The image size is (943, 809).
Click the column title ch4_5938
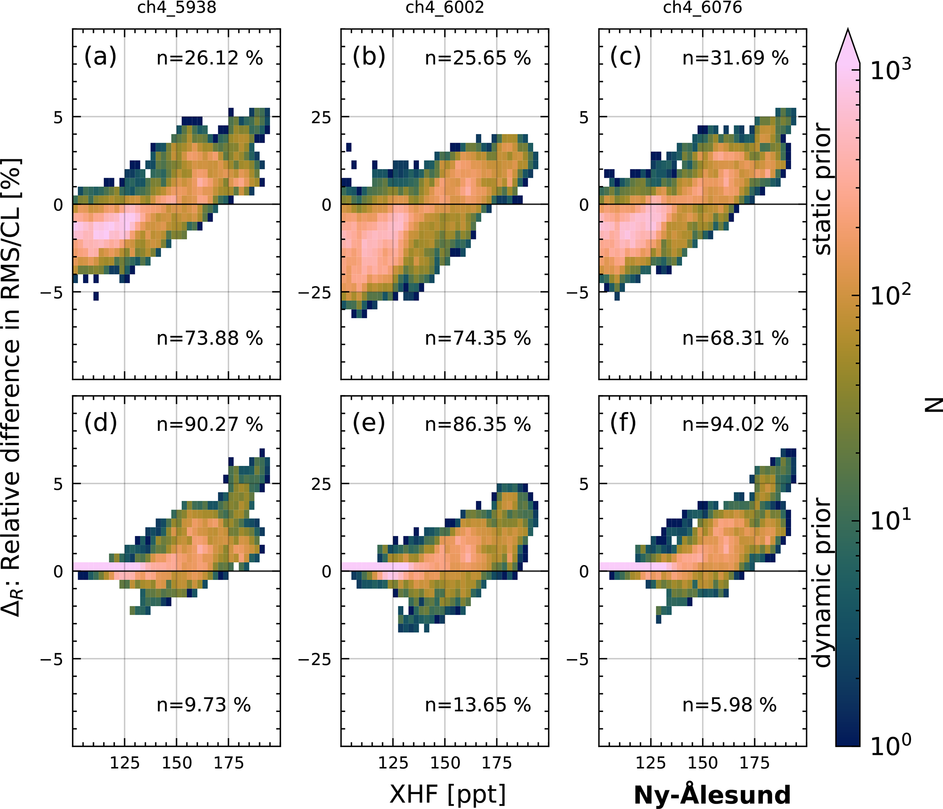[x=177, y=8]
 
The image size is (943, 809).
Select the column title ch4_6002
[x=444, y=8]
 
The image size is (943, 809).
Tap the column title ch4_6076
[x=702, y=8]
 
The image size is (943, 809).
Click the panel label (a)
[x=100, y=57]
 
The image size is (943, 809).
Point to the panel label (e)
[x=369, y=423]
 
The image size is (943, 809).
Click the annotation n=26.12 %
[x=210, y=58]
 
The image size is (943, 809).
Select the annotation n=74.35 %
[x=478, y=339]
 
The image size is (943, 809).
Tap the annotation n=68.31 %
[x=735, y=339]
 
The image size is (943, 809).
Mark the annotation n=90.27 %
[x=210, y=425]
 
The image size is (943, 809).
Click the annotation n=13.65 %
[x=478, y=705]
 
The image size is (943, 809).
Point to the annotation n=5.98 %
[x=729, y=705]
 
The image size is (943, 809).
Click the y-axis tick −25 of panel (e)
[x=315, y=659]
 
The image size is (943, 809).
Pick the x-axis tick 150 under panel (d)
[x=177, y=763]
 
